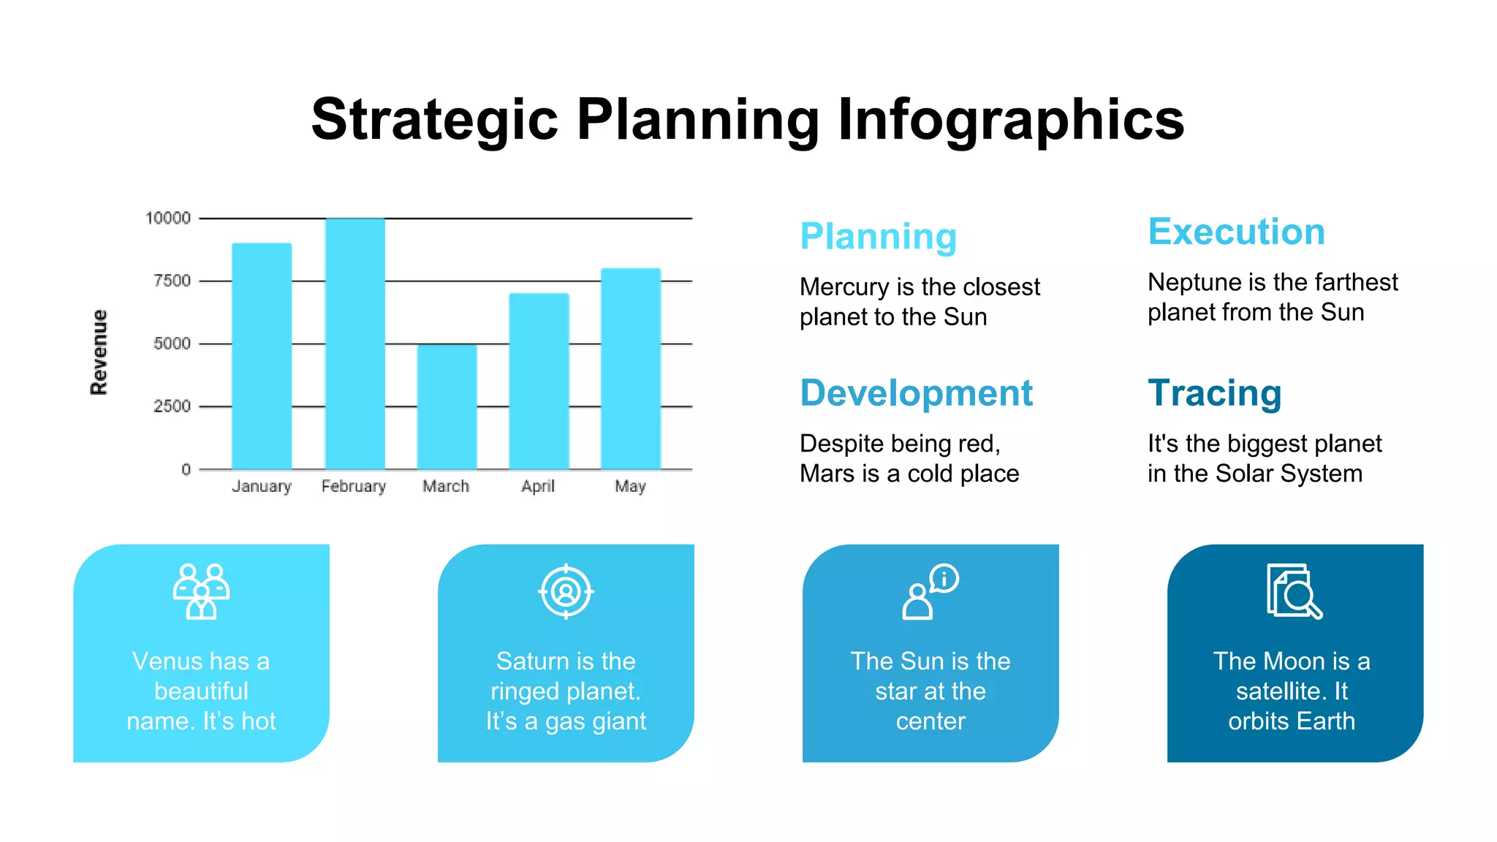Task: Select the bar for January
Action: pyautogui.click(x=262, y=356)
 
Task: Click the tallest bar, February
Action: pyautogui.click(x=355, y=344)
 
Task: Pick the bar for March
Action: pyautogui.click(x=447, y=406)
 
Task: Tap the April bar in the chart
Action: pyautogui.click(x=539, y=381)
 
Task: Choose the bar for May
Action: pyautogui.click(x=631, y=368)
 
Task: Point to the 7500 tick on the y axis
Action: pyautogui.click(x=172, y=281)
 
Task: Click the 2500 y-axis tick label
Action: pyautogui.click(x=172, y=406)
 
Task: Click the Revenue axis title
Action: pyautogui.click(x=99, y=352)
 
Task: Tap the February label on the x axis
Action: pyautogui.click(x=353, y=486)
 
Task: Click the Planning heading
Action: pyautogui.click(x=878, y=237)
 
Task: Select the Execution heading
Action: pyautogui.click(x=1236, y=232)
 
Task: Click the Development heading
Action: pyautogui.click(x=916, y=393)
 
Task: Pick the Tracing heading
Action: pyautogui.click(x=1214, y=393)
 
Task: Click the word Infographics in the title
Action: pyautogui.click(x=1010, y=120)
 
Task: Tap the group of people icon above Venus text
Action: pyautogui.click(x=201, y=591)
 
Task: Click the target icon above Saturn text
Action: pyautogui.click(x=566, y=591)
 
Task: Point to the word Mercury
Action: pyautogui.click(x=845, y=287)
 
